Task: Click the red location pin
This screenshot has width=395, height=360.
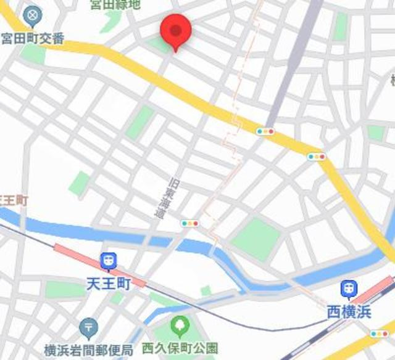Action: tap(176, 31)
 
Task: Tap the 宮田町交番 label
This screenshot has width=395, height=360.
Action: tap(33, 38)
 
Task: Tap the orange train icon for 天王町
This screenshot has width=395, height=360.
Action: tap(109, 261)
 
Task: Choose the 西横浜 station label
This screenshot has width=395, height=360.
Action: tap(349, 313)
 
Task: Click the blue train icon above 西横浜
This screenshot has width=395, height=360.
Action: tap(349, 288)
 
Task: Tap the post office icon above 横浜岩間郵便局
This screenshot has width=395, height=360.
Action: tap(89, 325)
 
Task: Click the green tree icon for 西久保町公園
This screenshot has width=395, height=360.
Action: tap(180, 324)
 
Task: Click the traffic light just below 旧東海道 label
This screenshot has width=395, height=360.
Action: tap(190, 223)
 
